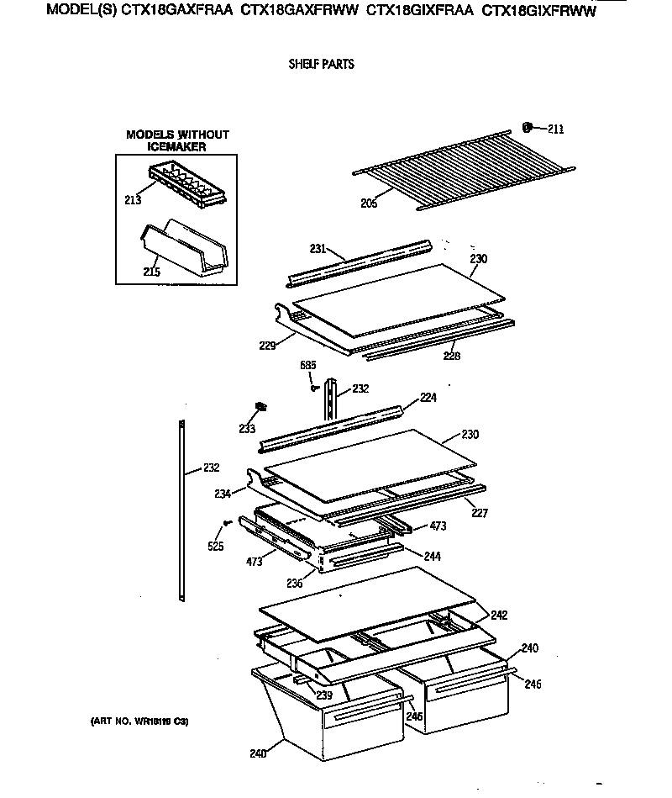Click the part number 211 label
(556, 129)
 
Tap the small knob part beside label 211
(528, 128)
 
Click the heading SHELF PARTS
(322, 65)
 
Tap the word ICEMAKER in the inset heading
(177, 146)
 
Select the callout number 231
(318, 248)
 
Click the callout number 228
(451, 356)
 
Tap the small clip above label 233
(260, 407)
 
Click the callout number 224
(428, 399)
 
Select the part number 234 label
(222, 494)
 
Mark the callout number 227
(479, 513)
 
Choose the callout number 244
(433, 556)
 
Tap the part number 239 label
(324, 695)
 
